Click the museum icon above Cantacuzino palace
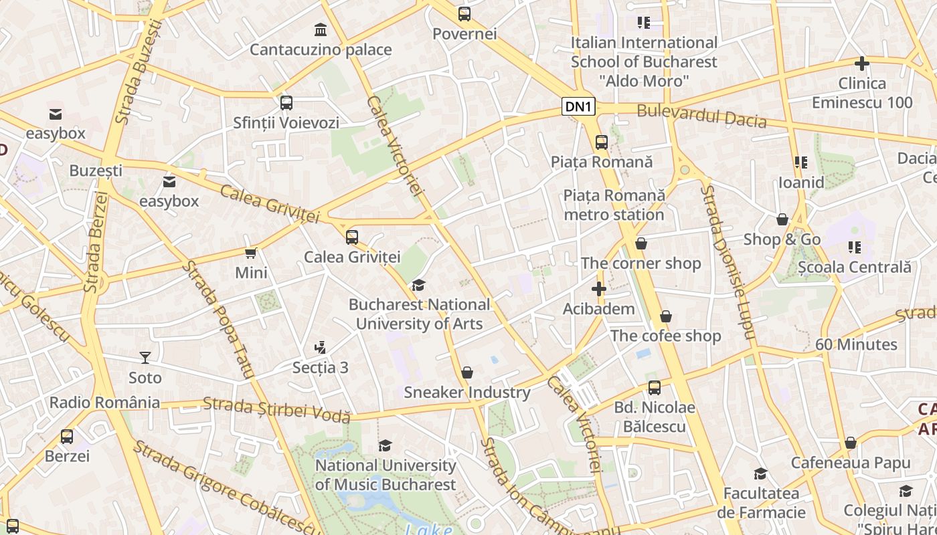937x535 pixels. click(x=321, y=30)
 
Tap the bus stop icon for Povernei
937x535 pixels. click(x=464, y=14)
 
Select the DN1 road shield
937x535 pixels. click(x=578, y=106)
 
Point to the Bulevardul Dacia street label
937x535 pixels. click(x=701, y=116)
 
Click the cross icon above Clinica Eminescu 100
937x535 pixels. click(x=862, y=64)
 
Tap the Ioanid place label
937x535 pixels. click(x=800, y=183)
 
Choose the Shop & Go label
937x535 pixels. click(x=782, y=239)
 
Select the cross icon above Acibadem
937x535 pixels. click(x=599, y=290)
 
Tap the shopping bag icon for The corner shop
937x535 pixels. click(x=641, y=244)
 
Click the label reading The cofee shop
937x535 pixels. click(x=665, y=336)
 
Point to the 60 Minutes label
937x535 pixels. click(x=856, y=344)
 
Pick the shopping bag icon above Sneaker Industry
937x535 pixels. click(x=467, y=372)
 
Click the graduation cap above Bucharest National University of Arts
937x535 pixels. click(x=418, y=286)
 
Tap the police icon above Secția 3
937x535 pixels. click(x=321, y=348)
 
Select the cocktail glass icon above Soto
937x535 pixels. click(x=145, y=358)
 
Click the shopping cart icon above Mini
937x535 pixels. click(x=251, y=253)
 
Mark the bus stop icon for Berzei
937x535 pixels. click(x=67, y=437)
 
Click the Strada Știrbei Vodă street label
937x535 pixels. click(x=276, y=409)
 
